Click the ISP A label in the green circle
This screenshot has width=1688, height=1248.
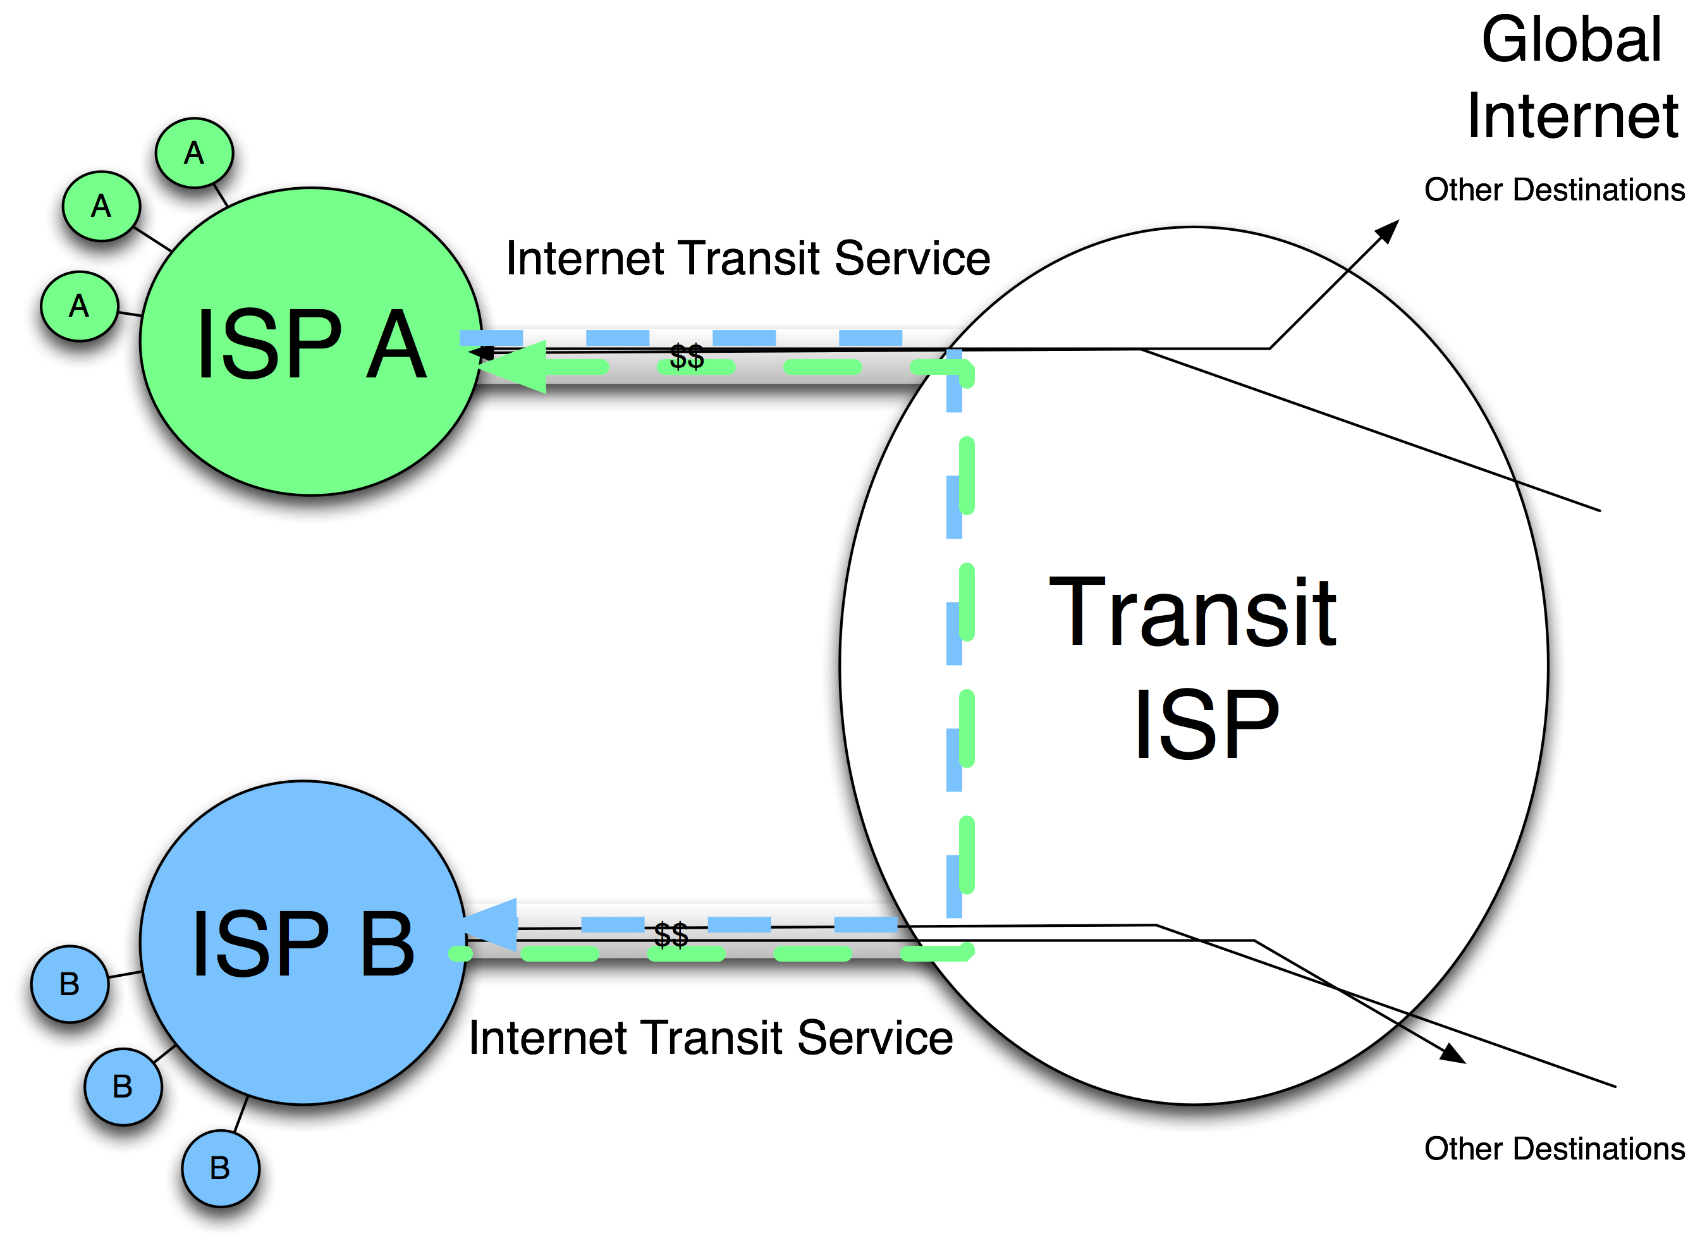311,345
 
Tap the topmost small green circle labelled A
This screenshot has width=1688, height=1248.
194,154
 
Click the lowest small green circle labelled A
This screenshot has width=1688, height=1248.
79,307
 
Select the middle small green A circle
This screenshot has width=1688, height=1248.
101,206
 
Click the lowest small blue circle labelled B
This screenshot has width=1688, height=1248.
220,1168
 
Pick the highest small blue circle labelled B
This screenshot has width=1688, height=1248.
70,984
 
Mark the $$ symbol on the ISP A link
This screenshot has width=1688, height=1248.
687,357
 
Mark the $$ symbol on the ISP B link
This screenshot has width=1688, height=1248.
671,934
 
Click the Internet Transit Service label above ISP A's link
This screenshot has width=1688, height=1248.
748,259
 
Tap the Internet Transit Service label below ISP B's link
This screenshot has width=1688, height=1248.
711,1037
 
